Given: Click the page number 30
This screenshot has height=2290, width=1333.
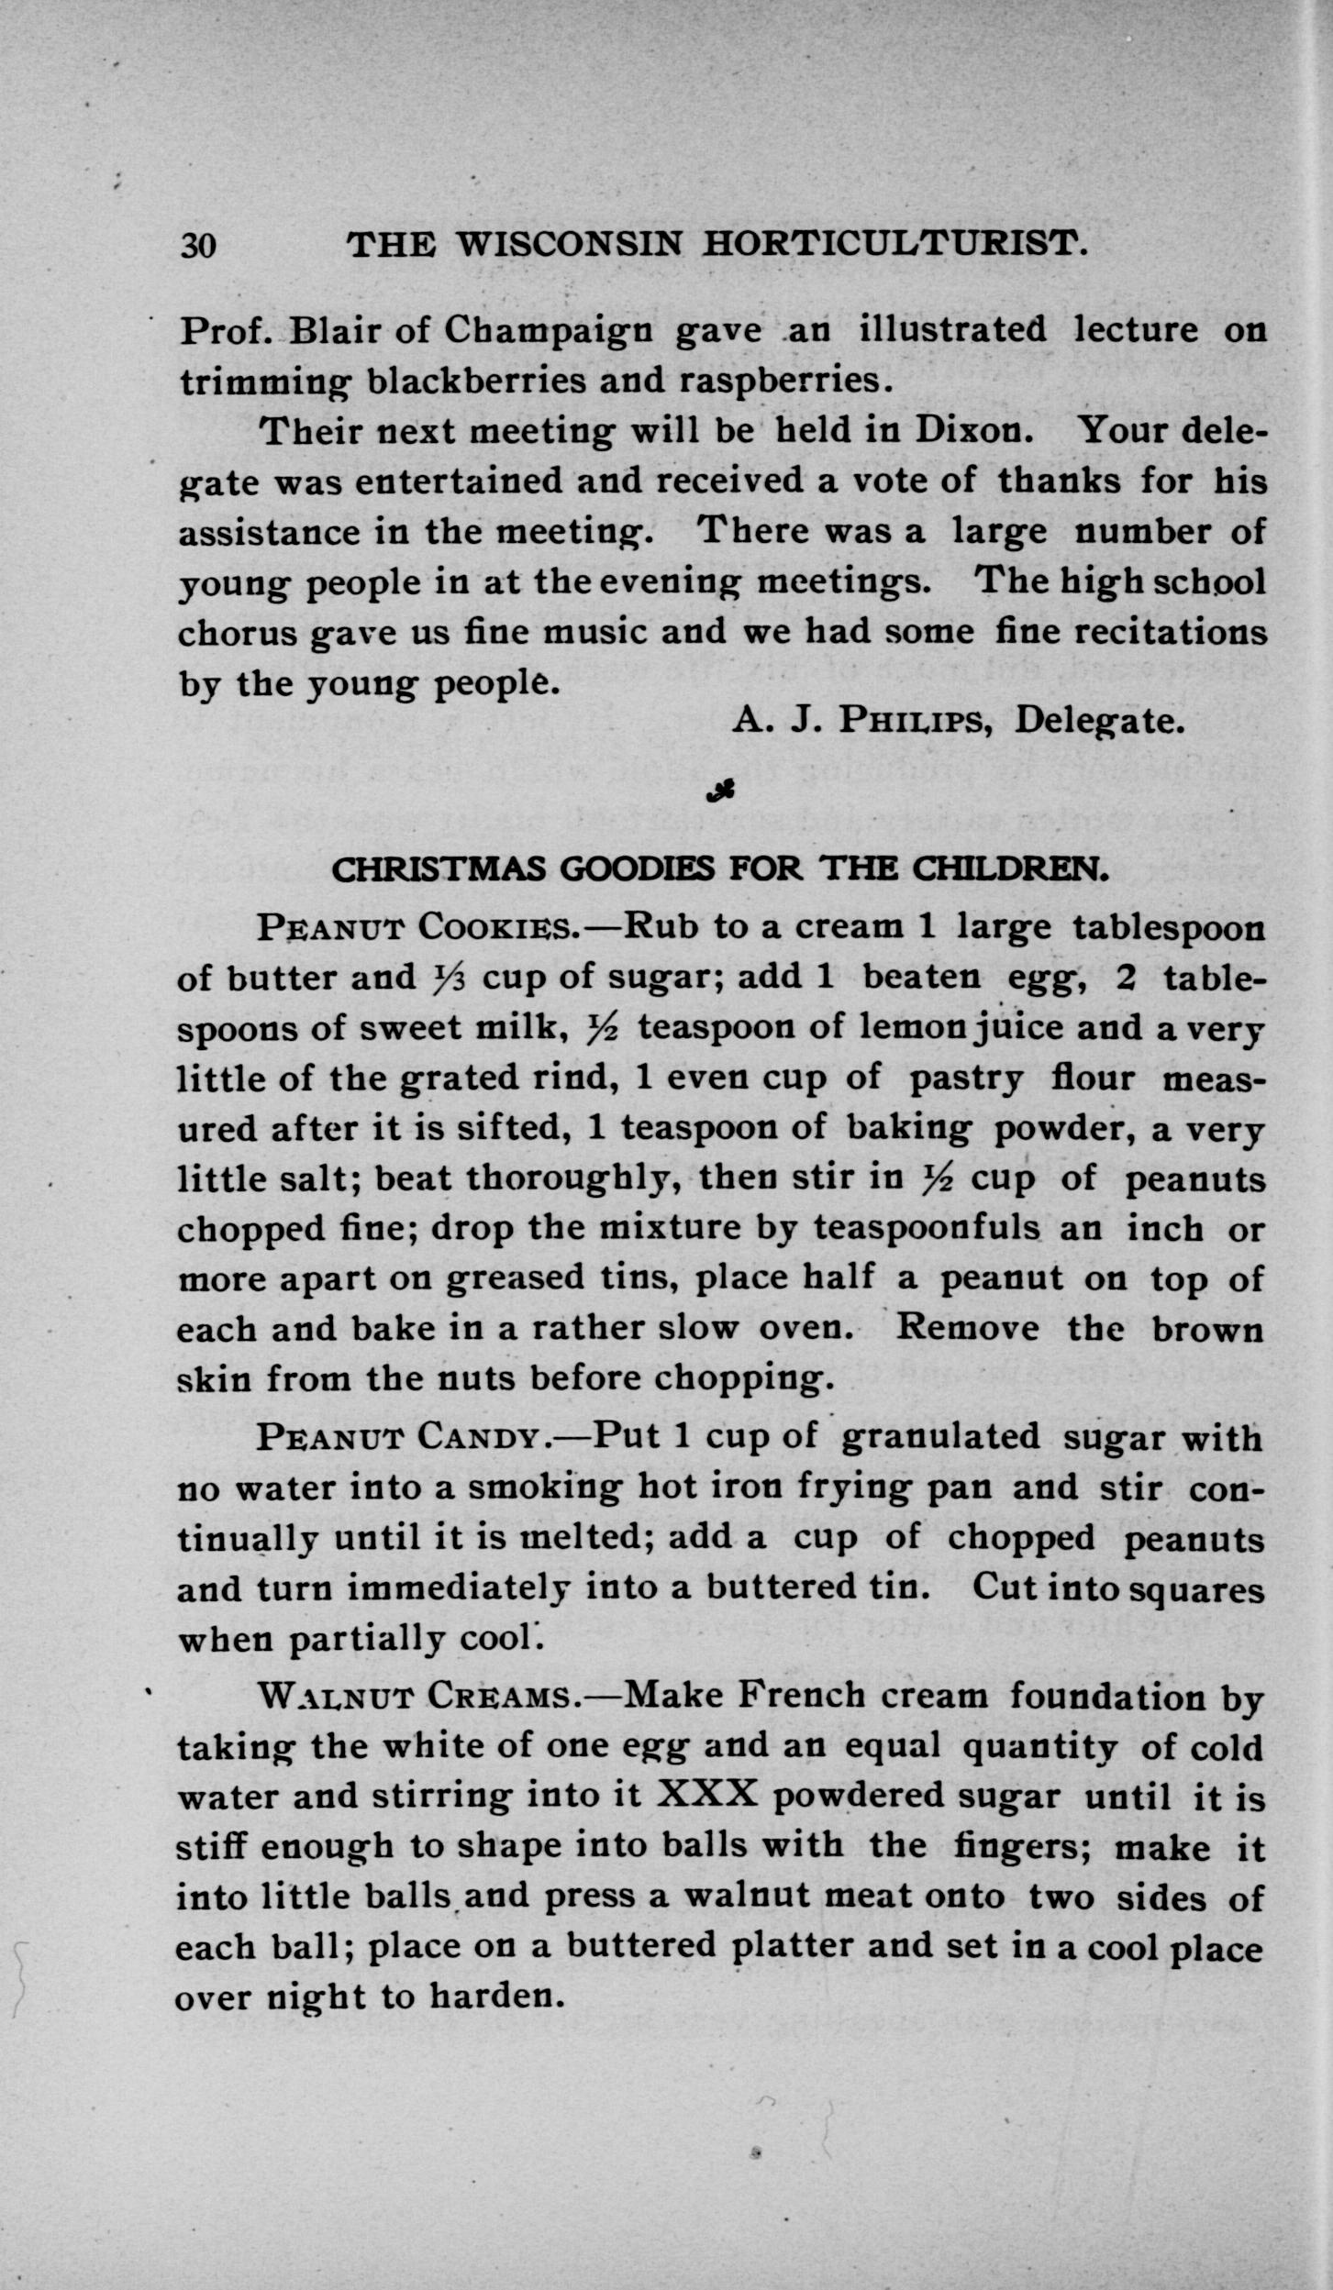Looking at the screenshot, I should coord(198,246).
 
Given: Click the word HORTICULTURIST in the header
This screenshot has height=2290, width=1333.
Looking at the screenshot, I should coord(896,244).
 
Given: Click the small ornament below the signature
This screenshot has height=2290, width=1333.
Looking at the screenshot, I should coord(721,790).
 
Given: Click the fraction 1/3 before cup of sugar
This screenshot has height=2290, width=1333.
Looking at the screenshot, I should coord(449,979).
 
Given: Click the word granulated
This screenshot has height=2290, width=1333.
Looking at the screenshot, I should coord(939,1435).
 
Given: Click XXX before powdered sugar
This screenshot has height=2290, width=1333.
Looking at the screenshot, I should coord(706,1794).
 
